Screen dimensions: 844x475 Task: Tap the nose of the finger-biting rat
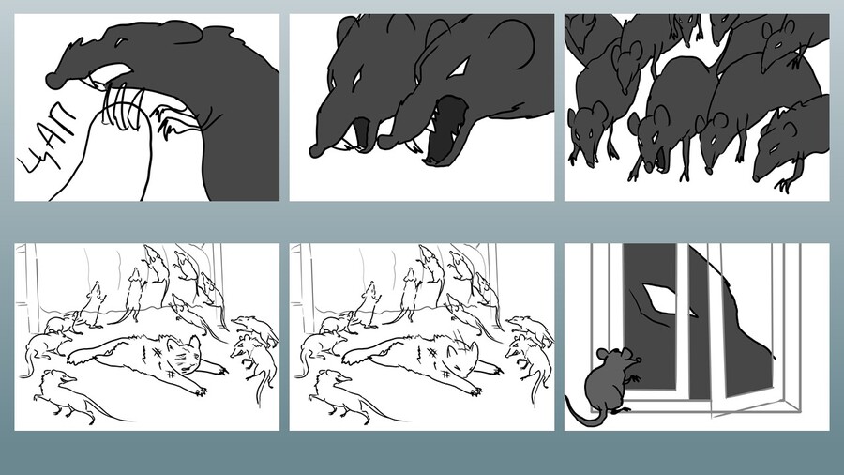tap(53, 80)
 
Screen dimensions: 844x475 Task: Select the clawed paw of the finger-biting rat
tap(166, 122)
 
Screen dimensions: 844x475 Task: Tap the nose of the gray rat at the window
tap(639, 359)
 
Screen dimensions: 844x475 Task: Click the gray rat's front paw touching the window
tap(634, 378)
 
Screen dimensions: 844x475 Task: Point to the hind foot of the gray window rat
tap(619, 411)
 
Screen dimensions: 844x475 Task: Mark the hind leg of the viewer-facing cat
tap(90, 354)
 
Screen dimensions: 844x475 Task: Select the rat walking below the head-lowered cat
tap(344, 394)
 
